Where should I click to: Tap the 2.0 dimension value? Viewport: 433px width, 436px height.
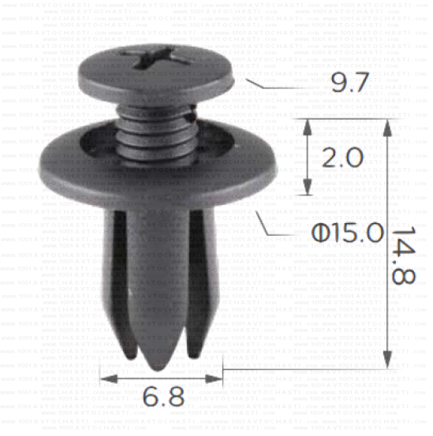(342, 157)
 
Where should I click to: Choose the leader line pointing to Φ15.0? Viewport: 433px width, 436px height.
(268, 224)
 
